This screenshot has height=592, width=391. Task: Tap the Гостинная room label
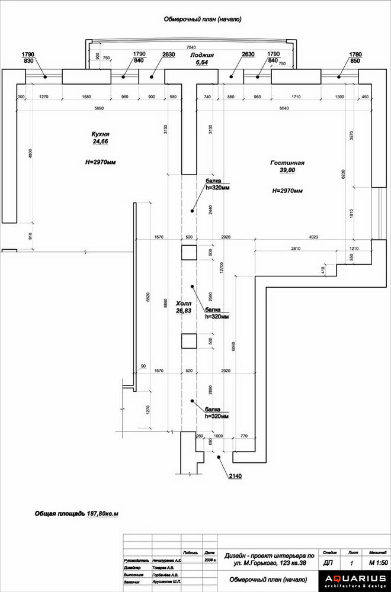pyautogui.click(x=287, y=162)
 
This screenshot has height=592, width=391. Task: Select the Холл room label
pyautogui.click(x=184, y=303)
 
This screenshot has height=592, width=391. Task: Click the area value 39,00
pyautogui.click(x=287, y=170)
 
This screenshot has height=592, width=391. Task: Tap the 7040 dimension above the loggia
pyautogui.click(x=191, y=46)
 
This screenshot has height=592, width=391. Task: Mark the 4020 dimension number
pyautogui.click(x=313, y=237)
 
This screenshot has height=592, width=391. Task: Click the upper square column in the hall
pyautogui.click(x=189, y=252)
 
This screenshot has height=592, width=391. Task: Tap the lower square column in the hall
pyautogui.click(x=189, y=342)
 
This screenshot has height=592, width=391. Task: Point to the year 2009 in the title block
pyautogui.click(x=209, y=558)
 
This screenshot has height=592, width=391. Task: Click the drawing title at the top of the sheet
pyautogui.click(x=203, y=19)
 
